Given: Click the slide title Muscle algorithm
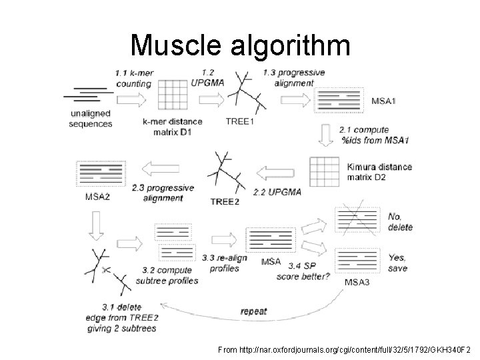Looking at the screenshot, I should (239, 45).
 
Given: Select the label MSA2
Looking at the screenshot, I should (98, 197).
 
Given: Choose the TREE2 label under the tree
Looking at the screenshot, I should (225, 202).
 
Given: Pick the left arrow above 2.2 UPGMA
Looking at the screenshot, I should (275, 173).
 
